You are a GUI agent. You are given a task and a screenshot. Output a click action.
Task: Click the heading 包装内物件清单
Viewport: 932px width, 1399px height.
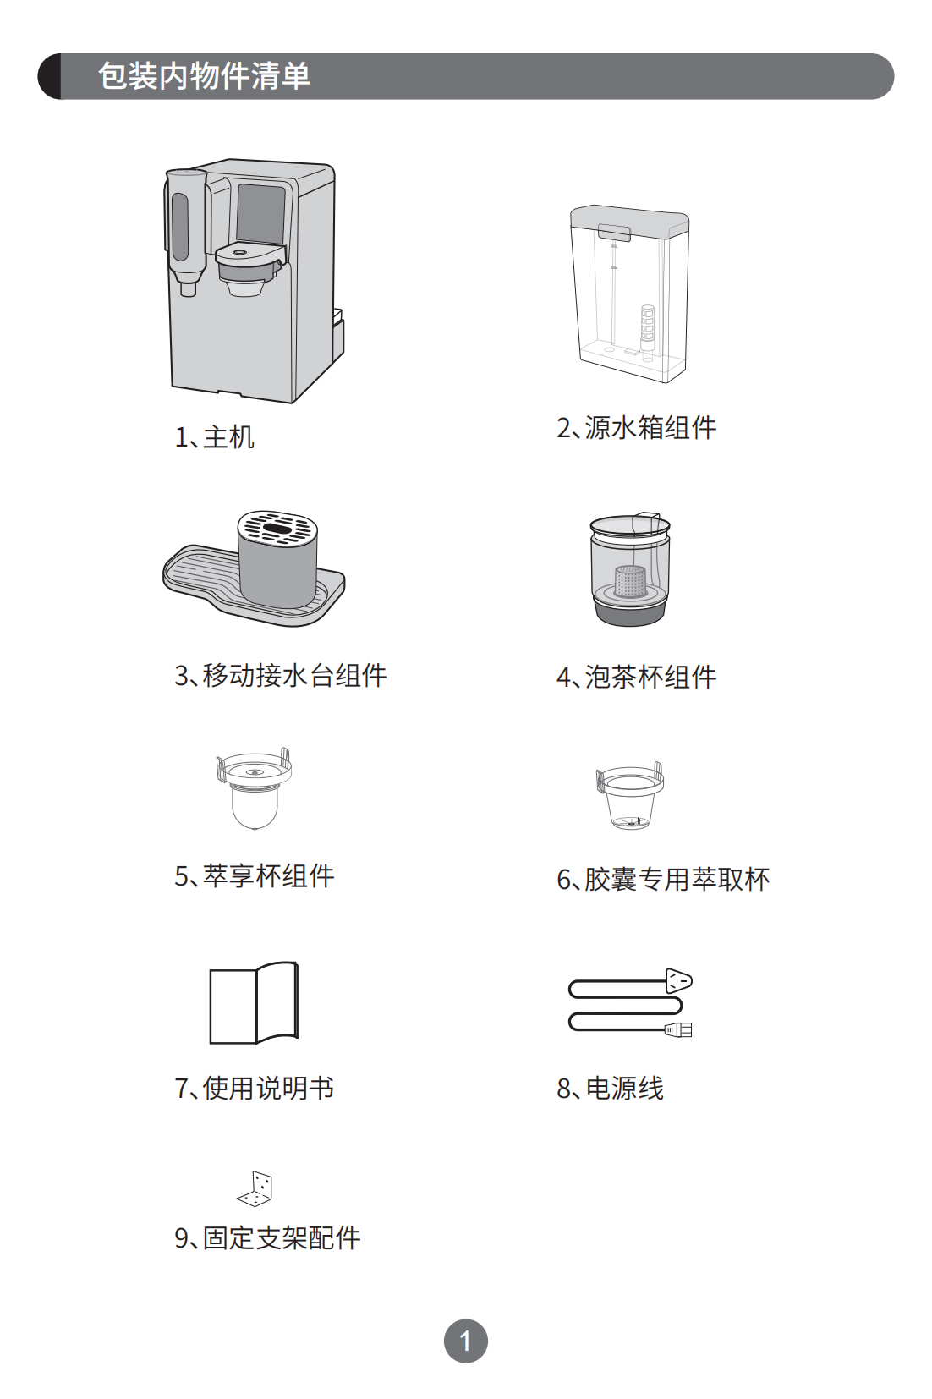point(204,77)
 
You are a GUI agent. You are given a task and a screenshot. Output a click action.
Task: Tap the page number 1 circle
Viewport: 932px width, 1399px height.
point(465,1341)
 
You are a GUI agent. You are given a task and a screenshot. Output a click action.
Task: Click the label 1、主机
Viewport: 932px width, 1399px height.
point(214,437)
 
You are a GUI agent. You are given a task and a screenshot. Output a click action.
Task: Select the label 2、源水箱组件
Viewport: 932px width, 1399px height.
point(636,429)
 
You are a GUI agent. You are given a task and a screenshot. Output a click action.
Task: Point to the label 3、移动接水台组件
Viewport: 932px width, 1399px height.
point(281,676)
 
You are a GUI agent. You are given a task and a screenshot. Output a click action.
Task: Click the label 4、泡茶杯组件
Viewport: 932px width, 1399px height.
point(636,677)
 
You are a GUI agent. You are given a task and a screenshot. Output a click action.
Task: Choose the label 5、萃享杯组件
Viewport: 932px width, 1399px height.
point(255,875)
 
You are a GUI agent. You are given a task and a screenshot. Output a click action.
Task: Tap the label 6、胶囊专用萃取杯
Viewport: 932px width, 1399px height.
point(663,880)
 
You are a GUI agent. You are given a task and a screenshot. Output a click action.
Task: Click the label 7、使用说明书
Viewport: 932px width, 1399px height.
point(255,1088)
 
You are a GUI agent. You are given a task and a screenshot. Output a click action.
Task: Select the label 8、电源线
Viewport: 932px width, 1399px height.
point(610,1088)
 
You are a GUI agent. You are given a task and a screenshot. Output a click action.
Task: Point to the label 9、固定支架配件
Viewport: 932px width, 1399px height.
point(267,1237)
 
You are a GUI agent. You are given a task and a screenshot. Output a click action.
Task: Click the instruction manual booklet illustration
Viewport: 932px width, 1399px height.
point(254,1002)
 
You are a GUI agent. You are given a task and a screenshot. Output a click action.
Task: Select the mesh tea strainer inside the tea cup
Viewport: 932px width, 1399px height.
point(632,580)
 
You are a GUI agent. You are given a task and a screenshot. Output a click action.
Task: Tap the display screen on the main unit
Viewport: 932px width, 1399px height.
point(260,213)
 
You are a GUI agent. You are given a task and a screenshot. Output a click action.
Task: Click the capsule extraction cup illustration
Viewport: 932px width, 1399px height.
point(630,796)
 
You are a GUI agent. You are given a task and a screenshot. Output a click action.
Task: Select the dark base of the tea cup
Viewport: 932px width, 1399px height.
point(630,612)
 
